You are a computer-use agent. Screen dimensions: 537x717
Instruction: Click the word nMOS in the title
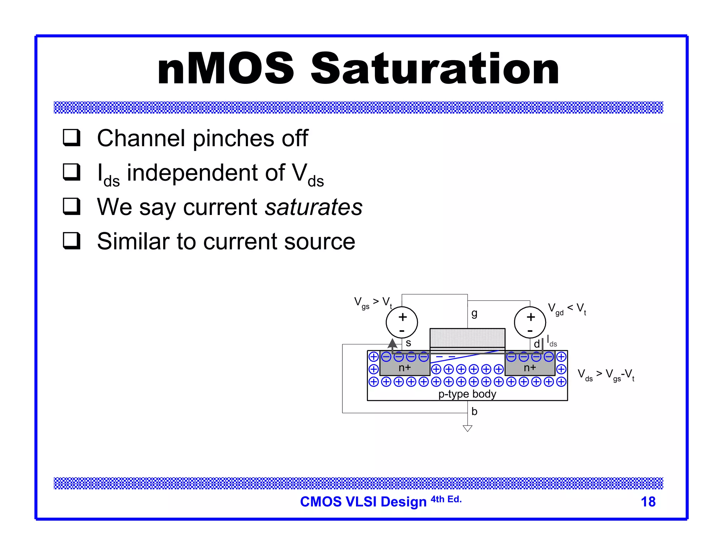pyautogui.click(x=226, y=69)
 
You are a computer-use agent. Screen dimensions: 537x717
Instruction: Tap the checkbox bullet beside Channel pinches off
pyautogui.click(x=72, y=137)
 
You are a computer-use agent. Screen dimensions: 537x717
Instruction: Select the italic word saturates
pyautogui.click(x=313, y=207)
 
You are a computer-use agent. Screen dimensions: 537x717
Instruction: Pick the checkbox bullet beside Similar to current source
pyautogui.click(x=72, y=241)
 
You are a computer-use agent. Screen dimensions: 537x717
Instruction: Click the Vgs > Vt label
pyautogui.click(x=373, y=302)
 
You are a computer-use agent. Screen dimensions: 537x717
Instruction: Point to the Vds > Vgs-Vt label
pyautogui.click(x=606, y=375)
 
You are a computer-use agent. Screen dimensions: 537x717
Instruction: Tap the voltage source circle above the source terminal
pyautogui.click(x=402, y=322)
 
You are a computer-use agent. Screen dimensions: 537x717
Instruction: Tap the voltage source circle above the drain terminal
pyautogui.click(x=530, y=322)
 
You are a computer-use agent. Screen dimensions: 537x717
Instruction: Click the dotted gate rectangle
pyautogui.click(x=467, y=338)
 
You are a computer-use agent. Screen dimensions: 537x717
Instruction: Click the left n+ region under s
pyautogui.click(x=405, y=368)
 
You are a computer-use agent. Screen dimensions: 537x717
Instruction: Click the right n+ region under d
pyautogui.click(x=530, y=368)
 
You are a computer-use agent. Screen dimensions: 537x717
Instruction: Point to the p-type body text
pyautogui.click(x=467, y=394)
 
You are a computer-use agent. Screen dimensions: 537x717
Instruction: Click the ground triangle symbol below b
pyautogui.click(x=467, y=428)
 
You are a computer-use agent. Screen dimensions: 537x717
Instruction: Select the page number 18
pyautogui.click(x=648, y=502)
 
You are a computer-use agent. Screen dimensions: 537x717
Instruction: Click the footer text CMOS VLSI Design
pyautogui.click(x=363, y=502)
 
